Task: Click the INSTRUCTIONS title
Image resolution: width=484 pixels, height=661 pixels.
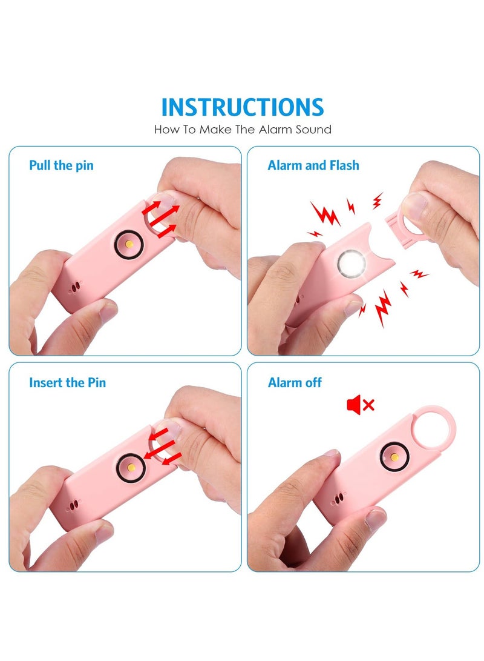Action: [x=243, y=107]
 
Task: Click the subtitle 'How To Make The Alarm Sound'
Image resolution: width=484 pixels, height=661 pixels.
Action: [x=243, y=129]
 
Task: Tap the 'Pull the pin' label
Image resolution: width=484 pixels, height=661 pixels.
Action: [x=61, y=165]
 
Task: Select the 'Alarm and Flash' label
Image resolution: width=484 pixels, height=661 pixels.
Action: [x=313, y=165]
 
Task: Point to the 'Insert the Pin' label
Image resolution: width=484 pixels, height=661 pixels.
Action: [x=67, y=382]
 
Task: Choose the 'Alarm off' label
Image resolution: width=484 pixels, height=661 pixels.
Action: [x=295, y=382]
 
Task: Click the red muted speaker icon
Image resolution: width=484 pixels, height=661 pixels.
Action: [x=360, y=404]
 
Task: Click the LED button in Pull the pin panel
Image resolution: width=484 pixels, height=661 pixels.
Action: [x=129, y=243]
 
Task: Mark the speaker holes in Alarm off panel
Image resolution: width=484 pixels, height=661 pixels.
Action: [x=338, y=498]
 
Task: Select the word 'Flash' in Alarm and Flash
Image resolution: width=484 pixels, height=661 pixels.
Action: [x=343, y=165]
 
